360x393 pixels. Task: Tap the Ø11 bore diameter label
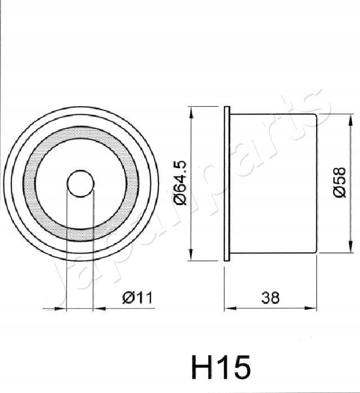coord(137,297)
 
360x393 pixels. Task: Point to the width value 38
coord(271,297)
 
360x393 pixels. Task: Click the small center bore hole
coord(80,183)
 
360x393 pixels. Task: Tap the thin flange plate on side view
coord(227,183)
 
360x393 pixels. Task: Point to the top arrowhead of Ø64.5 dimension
coord(192,111)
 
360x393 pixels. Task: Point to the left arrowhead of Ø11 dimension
coord(62,308)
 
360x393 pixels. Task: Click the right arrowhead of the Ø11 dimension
coord(97,308)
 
